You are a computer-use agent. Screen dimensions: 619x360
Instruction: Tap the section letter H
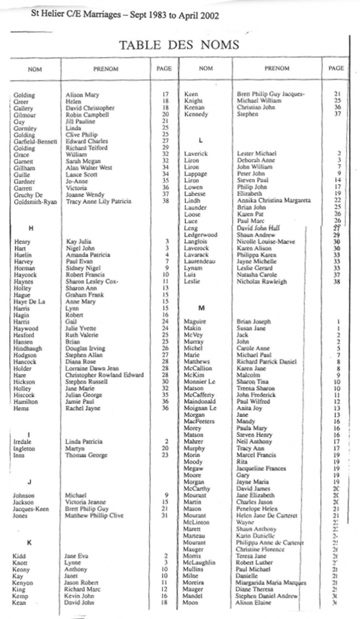tap(30, 229)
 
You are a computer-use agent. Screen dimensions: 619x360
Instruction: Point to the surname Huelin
tap(23, 255)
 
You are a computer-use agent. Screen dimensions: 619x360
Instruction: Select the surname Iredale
tap(23, 442)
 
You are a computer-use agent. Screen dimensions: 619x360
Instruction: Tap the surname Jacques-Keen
tap(31, 509)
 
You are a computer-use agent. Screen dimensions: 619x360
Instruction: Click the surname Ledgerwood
tap(201, 235)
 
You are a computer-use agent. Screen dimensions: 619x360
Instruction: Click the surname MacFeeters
tap(199, 421)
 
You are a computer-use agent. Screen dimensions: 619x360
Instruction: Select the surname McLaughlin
tap(201, 563)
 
